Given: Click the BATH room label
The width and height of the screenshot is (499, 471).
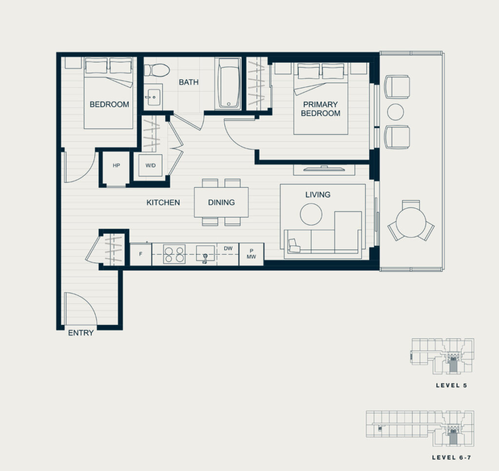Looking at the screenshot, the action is click(x=189, y=82).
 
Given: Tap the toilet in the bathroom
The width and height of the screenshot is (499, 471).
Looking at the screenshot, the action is click(x=156, y=70).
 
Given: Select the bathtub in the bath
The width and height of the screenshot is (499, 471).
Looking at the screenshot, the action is click(x=228, y=84).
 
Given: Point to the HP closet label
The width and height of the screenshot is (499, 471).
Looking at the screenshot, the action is click(x=116, y=166).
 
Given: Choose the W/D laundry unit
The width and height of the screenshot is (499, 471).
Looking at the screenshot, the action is click(x=150, y=166).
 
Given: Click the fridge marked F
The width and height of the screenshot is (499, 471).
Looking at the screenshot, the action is click(x=141, y=254).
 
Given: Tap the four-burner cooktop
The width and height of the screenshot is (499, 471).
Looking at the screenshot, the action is click(x=174, y=254).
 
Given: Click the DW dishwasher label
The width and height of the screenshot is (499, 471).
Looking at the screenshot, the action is click(x=228, y=248).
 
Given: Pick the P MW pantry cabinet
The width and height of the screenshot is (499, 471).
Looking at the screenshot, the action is click(x=251, y=254).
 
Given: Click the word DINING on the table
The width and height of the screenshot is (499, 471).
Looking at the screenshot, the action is click(x=222, y=202).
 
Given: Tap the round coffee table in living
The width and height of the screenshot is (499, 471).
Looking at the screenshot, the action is click(x=311, y=214).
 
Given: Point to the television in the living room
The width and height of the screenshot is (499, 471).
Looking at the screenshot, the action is click(x=324, y=169).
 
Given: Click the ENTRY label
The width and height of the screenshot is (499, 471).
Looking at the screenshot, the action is click(x=81, y=333).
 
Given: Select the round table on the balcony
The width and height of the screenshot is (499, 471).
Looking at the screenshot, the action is click(x=411, y=222).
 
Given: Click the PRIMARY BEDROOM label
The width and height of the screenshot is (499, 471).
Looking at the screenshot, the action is click(x=321, y=109).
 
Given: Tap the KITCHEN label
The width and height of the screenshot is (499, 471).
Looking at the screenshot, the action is click(x=163, y=202).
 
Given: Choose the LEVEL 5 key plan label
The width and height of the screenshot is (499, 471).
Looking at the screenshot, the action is click(x=451, y=385).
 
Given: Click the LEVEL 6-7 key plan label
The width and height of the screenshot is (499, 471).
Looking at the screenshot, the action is click(x=451, y=458).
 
